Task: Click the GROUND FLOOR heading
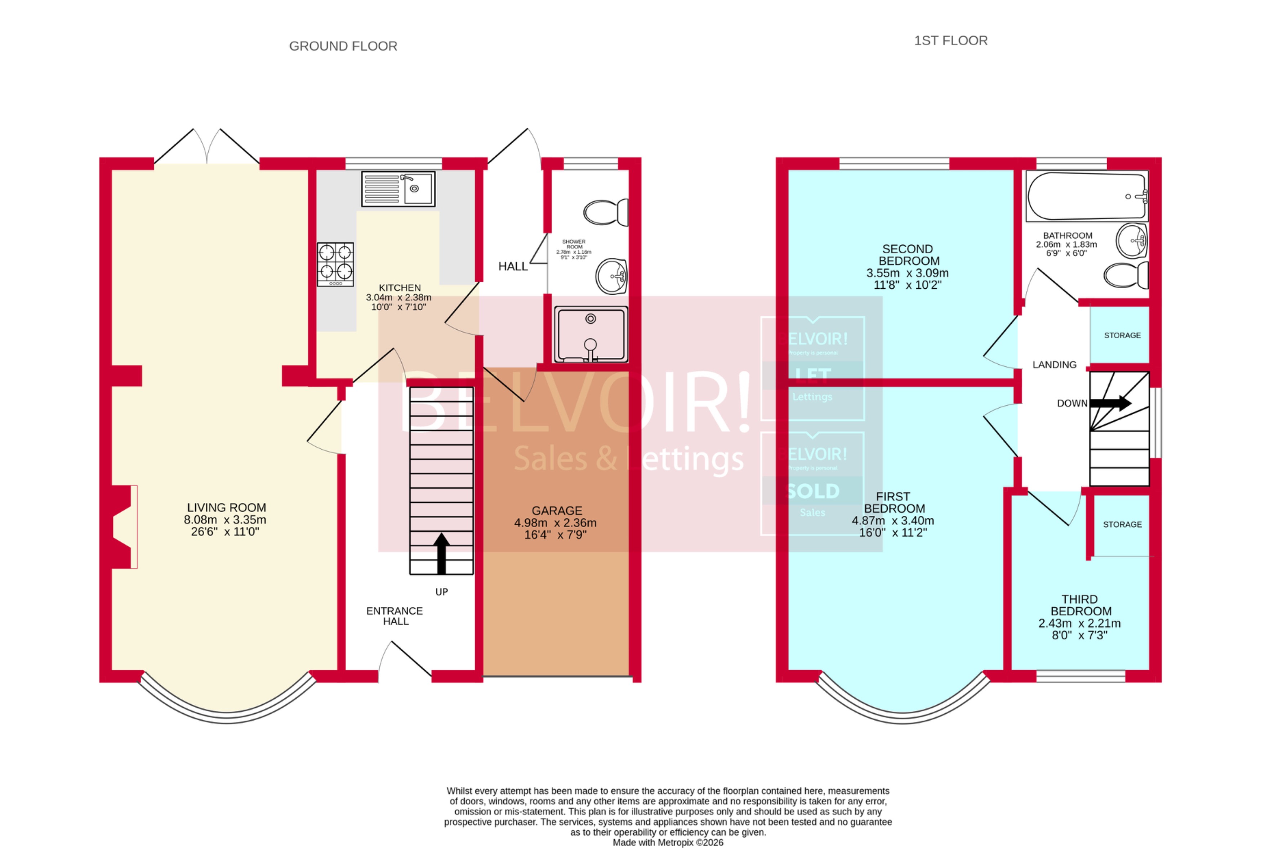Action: click(343, 46)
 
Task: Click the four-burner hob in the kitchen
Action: click(335, 263)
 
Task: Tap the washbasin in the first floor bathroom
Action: click(1131, 241)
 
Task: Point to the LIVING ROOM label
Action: click(226, 507)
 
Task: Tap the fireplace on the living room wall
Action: click(123, 527)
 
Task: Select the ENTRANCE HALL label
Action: click(395, 615)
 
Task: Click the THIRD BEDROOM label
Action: click(1080, 605)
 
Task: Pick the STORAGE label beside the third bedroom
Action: click(1122, 524)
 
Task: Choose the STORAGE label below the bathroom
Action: click(1122, 335)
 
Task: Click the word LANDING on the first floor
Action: click(1054, 365)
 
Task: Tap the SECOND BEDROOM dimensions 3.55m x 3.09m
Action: click(907, 273)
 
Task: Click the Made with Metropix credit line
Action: click(667, 842)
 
